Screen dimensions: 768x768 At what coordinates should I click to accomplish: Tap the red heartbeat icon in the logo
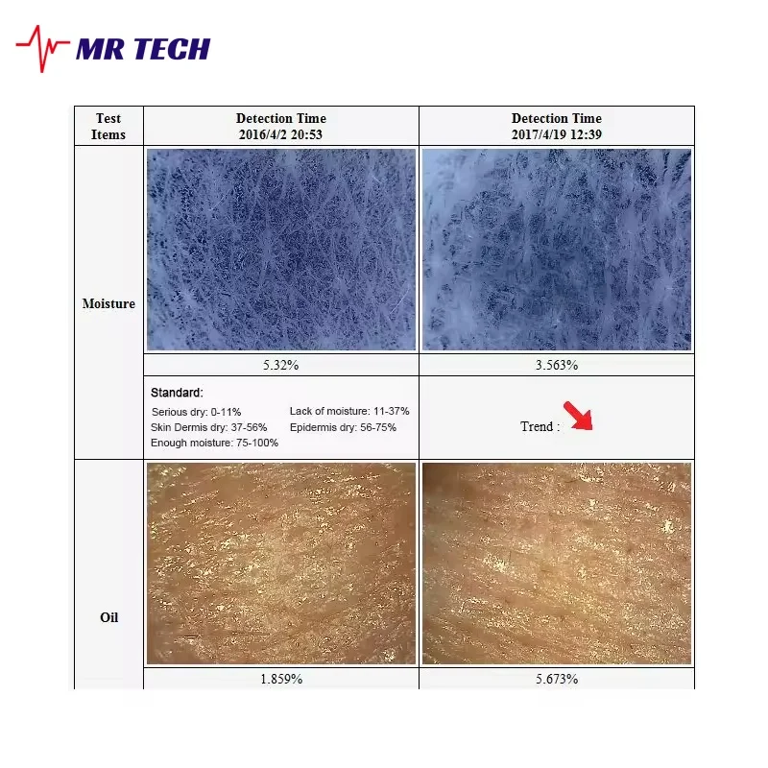(43, 48)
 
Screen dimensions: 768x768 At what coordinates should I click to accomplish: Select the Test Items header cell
(108, 126)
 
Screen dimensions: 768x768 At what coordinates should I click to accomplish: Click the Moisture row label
(108, 303)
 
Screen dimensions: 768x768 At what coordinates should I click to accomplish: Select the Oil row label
(108, 617)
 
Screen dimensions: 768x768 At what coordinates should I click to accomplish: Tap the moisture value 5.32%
(281, 365)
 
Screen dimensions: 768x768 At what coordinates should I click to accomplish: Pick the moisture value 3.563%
(557, 365)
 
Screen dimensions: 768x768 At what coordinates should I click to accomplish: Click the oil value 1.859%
(281, 679)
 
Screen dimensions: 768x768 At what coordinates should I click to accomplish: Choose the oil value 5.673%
(557, 679)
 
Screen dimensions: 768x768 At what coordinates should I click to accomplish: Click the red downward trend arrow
(578, 417)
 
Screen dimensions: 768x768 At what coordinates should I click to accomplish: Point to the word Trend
(537, 426)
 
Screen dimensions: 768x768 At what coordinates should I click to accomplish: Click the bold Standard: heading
(178, 393)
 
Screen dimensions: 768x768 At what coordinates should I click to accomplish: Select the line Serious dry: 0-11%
(196, 411)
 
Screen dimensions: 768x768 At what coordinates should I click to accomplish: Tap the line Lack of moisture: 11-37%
(349, 411)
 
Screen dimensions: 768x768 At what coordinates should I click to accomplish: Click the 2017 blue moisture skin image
(557, 250)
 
